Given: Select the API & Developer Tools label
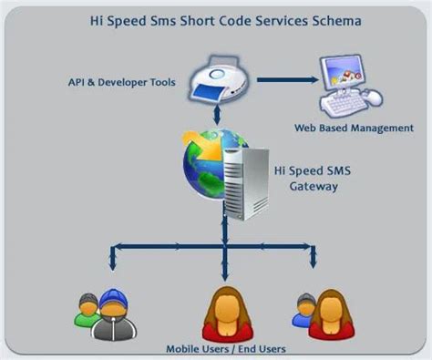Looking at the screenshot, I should pos(125,83).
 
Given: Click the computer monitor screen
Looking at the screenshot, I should pos(345,72).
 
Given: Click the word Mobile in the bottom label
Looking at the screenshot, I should pos(183,349).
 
